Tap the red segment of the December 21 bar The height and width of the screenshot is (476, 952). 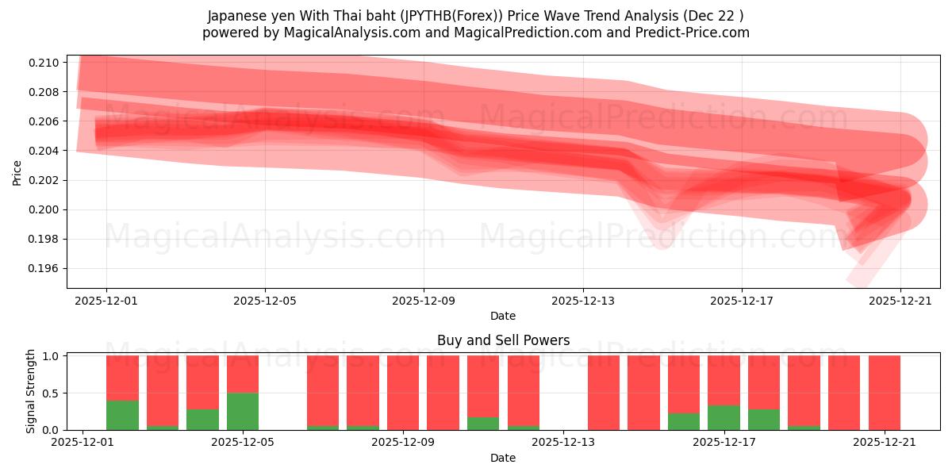884,393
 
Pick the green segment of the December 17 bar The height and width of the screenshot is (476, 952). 724,417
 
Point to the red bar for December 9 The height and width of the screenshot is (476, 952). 403,393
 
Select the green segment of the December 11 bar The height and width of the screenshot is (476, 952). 483,424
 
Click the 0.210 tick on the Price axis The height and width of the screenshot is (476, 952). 44,63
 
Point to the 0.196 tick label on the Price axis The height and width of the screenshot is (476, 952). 44,269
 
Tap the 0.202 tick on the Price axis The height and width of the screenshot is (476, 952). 44,180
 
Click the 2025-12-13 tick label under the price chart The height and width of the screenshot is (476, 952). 582,301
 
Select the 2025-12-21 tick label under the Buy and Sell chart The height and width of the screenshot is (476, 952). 884,443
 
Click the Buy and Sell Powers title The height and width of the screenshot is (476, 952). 503,340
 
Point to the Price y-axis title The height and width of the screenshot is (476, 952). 17,171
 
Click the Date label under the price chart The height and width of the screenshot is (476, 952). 503,316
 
